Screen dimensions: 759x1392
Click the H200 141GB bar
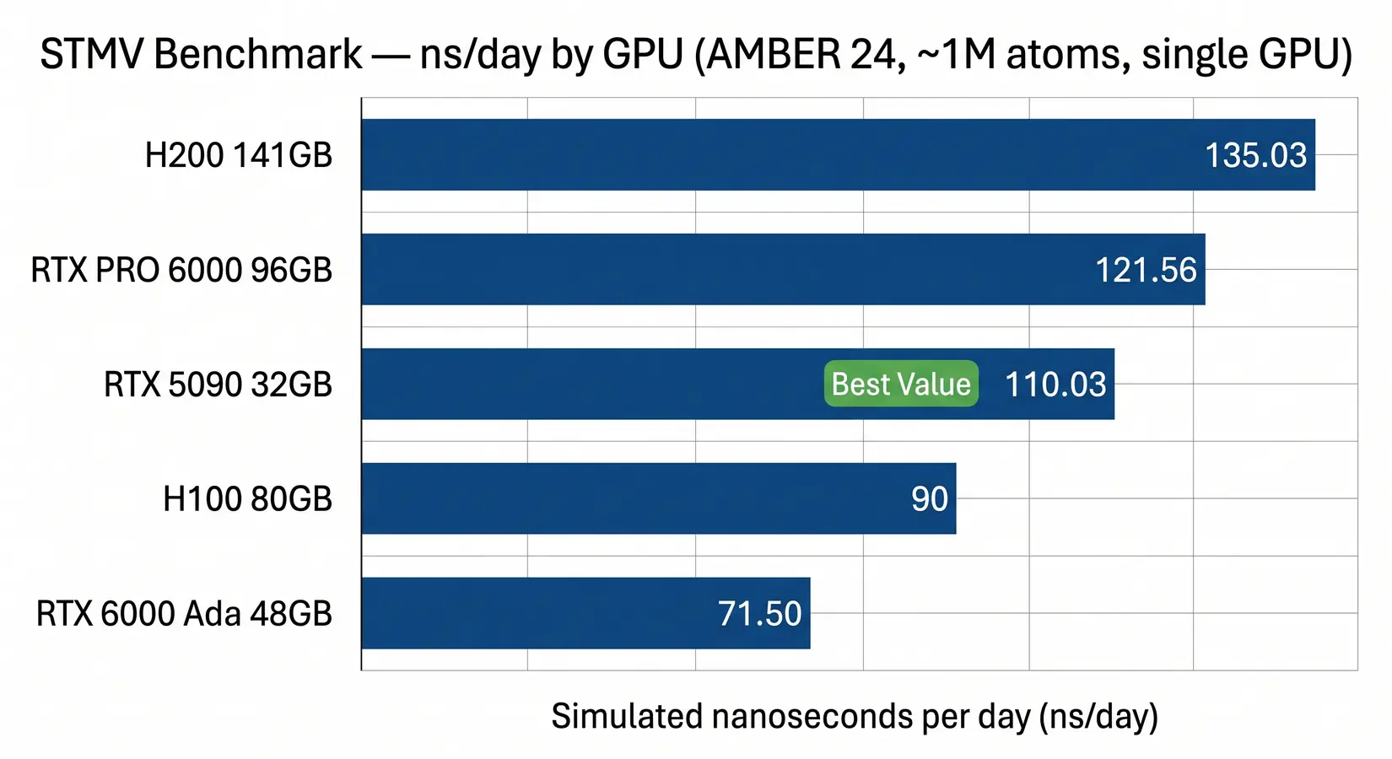point(759,154)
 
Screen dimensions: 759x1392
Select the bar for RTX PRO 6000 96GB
point(717,269)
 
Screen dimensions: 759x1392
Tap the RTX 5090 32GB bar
point(591,384)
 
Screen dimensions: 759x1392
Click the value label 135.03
point(1255,155)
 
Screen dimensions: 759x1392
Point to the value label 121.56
point(1146,270)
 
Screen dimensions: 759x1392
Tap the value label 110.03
point(1055,385)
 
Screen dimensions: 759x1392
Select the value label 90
point(930,499)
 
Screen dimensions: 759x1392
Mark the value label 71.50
point(759,614)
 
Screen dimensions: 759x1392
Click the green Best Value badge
point(901,384)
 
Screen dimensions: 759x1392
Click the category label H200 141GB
point(239,155)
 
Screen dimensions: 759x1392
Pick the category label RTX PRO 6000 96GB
point(181,270)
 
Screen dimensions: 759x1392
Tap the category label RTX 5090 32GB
point(218,385)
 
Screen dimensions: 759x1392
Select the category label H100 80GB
point(247,499)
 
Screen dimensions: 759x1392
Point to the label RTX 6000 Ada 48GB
point(184,614)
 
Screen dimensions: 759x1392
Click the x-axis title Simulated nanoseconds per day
point(854,716)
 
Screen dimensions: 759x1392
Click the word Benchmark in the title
point(258,55)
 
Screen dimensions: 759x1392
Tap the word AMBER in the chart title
point(774,55)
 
